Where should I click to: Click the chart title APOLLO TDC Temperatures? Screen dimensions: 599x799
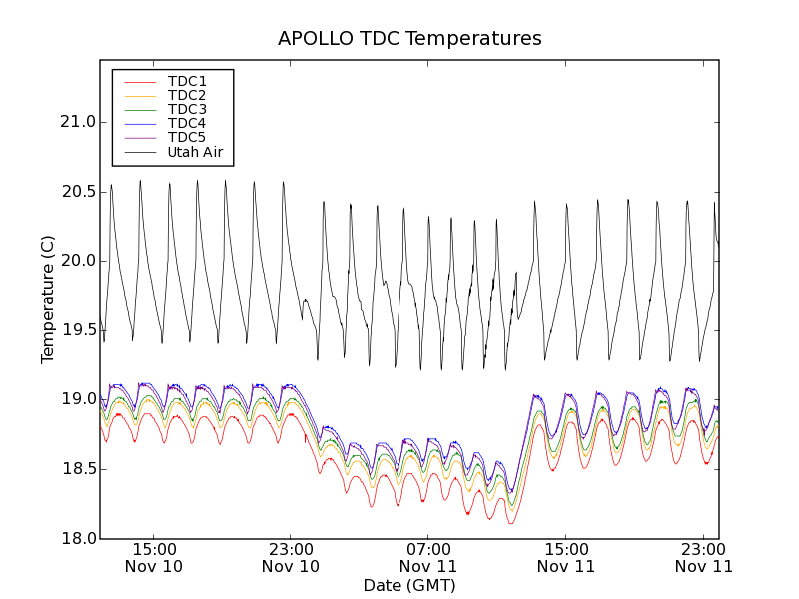(409, 39)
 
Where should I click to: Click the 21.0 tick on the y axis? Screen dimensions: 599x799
(76, 122)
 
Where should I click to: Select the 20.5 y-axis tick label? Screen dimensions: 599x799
(76, 192)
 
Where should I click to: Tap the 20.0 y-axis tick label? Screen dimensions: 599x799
(76, 261)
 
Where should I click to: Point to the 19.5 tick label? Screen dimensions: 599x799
(76, 330)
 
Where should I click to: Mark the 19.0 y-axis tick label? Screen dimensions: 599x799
(76, 399)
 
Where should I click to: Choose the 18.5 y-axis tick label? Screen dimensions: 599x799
(76, 469)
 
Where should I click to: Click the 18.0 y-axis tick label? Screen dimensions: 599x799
(76, 538)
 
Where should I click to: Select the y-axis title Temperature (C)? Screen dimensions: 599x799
(48, 299)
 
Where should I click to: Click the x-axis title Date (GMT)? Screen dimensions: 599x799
(409, 585)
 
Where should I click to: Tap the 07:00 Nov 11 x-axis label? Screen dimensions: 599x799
(428, 557)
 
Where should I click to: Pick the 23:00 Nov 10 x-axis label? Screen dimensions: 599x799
(291, 557)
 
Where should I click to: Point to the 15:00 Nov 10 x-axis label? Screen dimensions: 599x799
(153, 557)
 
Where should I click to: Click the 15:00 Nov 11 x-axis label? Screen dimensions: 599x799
(566, 557)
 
